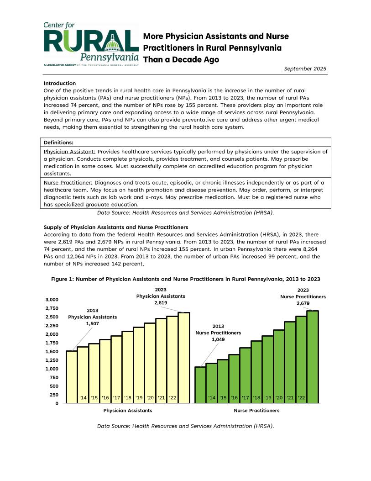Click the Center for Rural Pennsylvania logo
[x=91, y=44]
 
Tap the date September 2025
[x=305, y=69]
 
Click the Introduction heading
[x=59, y=83]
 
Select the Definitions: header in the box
[x=59, y=143]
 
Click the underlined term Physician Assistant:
[x=69, y=151]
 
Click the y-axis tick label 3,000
[x=52, y=300]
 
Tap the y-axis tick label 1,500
[x=52, y=352]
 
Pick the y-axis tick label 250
[x=54, y=395]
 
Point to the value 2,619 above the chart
[x=161, y=303]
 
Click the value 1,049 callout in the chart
[x=218, y=339]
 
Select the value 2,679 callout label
[x=303, y=303]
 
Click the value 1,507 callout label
[x=92, y=323]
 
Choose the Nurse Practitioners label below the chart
[x=256, y=411]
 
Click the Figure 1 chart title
[x=185, y=279]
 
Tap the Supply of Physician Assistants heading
[x=116, y=227]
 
